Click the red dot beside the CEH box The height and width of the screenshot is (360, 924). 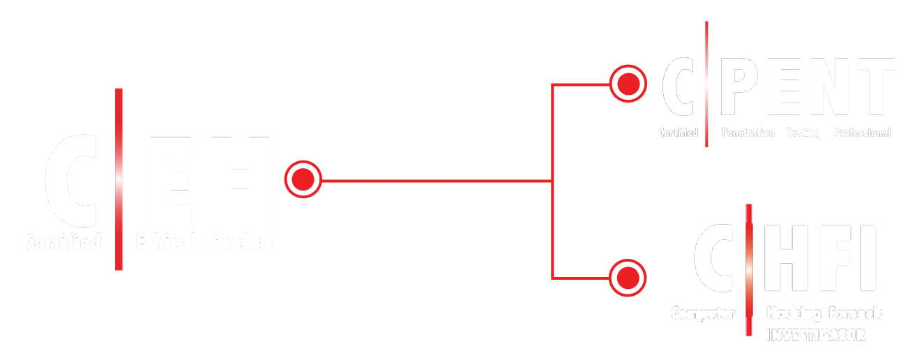(303, 180)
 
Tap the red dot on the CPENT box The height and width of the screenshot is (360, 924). (628, 84)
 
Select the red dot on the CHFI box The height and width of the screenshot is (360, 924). (628, 278)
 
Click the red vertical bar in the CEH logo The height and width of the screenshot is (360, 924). (119, 179)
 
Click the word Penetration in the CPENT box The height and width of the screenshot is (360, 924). (748, 133)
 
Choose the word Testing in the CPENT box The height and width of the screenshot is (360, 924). (803, 133)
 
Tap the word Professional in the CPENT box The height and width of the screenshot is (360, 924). (863, 133)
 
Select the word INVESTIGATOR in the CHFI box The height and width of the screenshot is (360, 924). (815, 336)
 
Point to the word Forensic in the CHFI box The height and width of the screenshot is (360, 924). (856, 313)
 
